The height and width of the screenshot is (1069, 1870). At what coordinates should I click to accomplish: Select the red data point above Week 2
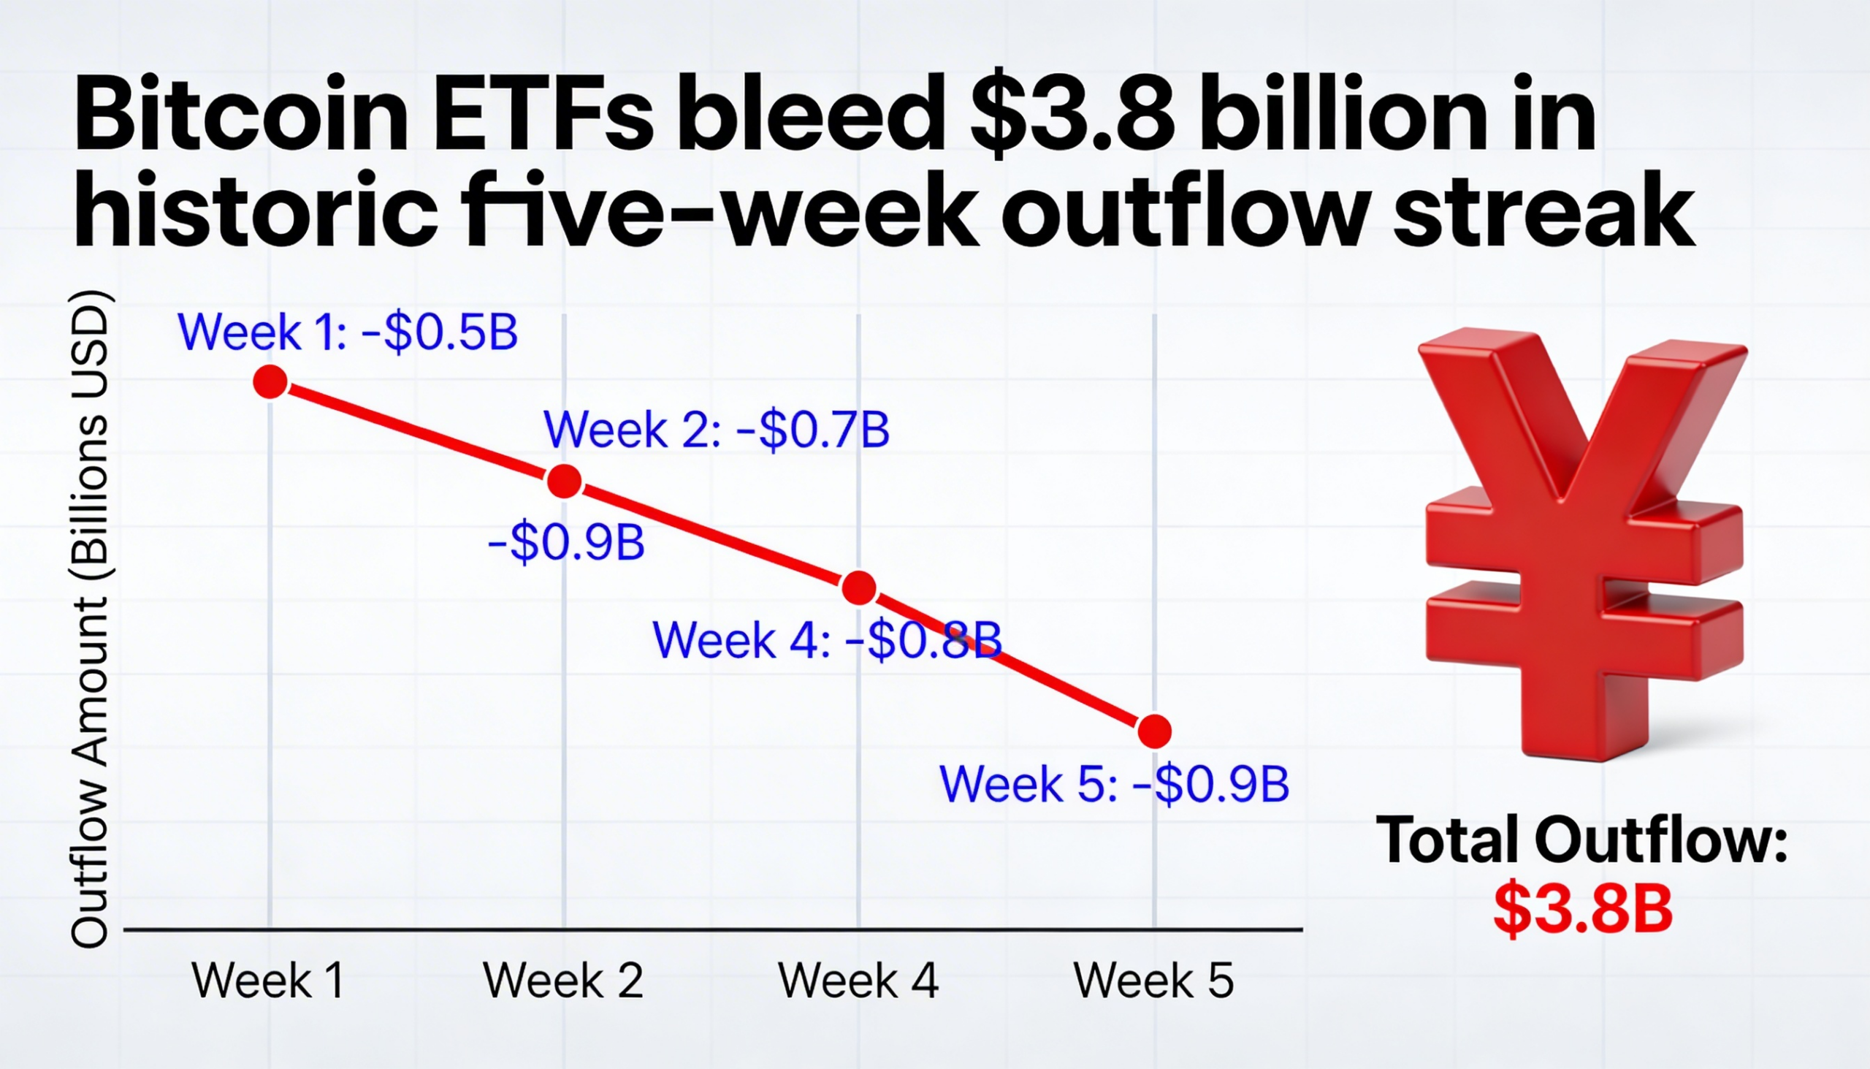565,482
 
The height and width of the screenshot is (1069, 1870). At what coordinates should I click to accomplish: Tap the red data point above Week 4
859,587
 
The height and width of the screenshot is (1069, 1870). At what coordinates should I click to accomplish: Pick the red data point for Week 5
1154,731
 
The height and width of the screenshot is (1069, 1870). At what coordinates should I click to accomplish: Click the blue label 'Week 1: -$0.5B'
348,332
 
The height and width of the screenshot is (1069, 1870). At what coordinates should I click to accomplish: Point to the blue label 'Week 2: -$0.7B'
717,430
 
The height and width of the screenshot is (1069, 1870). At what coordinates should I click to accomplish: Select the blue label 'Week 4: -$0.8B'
827,639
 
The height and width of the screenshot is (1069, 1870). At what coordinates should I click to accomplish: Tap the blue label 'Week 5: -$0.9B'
1114,783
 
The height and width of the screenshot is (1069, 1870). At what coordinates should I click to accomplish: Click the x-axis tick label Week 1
268,980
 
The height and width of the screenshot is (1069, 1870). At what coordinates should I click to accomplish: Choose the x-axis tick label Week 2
563,980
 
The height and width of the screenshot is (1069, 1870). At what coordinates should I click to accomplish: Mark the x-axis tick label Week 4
858,980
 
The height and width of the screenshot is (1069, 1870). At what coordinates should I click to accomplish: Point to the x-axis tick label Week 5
1153,980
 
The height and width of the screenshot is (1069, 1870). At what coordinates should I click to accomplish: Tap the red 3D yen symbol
1584,544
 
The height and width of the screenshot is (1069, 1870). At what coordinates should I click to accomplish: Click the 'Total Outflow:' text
1581,839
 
